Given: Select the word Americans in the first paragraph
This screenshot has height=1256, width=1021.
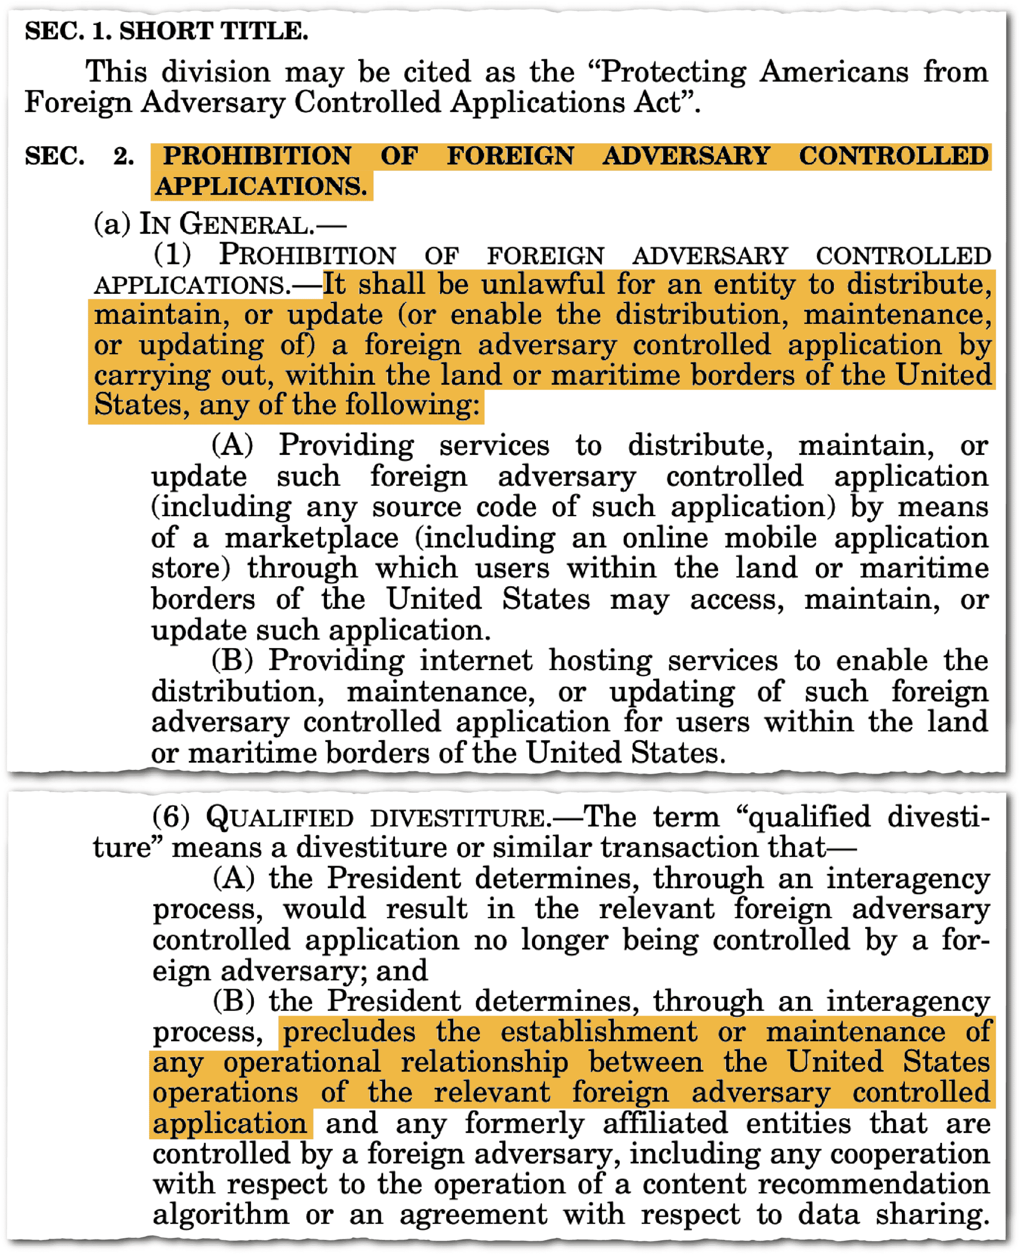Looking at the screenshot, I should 833,72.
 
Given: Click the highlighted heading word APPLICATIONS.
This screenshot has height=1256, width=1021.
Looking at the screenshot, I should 261,186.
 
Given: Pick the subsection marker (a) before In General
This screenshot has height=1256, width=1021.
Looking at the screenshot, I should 112,224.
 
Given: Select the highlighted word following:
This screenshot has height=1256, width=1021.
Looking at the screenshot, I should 412,405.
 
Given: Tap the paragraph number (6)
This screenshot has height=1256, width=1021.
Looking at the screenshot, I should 171,817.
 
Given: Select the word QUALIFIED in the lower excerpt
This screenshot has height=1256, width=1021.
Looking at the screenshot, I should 280,817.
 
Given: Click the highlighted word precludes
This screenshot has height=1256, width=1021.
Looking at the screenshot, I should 349,1032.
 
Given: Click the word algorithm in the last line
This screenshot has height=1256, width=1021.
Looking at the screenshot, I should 221,1214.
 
